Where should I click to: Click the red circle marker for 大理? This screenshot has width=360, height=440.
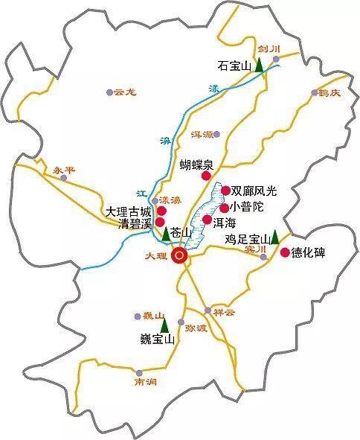click(180, 257)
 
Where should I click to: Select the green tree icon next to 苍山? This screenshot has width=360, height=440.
click(165, 235)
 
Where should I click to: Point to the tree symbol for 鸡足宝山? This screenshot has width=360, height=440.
click(274, 237)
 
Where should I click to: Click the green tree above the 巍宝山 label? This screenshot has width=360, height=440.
click(164, 325)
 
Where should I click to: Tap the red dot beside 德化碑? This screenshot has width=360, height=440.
click(284, 253)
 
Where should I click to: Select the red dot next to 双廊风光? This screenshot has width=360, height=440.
click(225, 191)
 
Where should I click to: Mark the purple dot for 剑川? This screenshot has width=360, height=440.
click(275, 59)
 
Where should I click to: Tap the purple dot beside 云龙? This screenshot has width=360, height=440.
click(109, 92)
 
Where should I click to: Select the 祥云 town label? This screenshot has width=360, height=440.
click(223, 312)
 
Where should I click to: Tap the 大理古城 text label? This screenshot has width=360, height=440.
click(126, 211)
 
